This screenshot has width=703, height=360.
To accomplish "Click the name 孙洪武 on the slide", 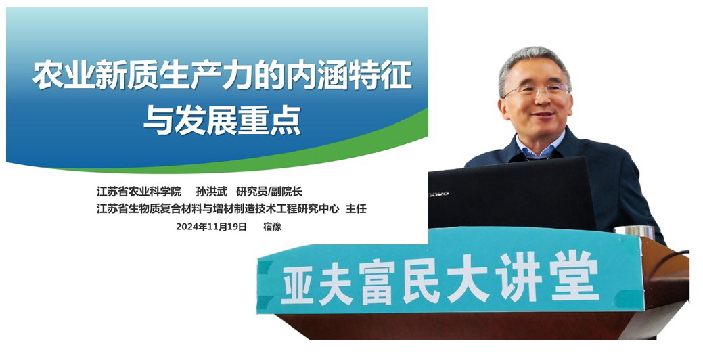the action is coord(212,192).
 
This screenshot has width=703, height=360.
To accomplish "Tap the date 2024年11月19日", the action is coord(211,227).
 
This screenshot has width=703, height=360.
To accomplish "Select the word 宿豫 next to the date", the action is coord(272,227).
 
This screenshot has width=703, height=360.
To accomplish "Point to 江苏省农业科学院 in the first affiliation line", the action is coord(139,192).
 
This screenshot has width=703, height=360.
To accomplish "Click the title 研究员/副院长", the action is coord(269,192).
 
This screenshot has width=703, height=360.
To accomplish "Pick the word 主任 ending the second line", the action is coord(356,208).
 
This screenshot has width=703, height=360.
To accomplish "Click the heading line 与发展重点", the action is coord(222,120).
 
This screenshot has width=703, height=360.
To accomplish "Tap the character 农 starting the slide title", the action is coord(48,75).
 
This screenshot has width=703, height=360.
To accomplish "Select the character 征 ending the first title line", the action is coord(396,75).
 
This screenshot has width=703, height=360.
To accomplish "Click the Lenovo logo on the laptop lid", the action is coord(439,194).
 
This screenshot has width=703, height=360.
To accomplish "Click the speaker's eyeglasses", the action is coord(537,91).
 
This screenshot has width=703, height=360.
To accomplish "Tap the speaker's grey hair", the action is coord(534,60).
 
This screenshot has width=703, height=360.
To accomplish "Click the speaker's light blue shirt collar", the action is coord(539,149).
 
